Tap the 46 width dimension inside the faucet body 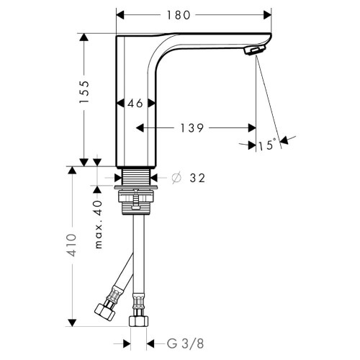(136, 104)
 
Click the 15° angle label (266, 145)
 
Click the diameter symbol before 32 (176, 178)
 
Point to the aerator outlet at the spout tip (254, 51)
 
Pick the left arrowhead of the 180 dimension (121, 14)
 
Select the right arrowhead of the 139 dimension (251, 128)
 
